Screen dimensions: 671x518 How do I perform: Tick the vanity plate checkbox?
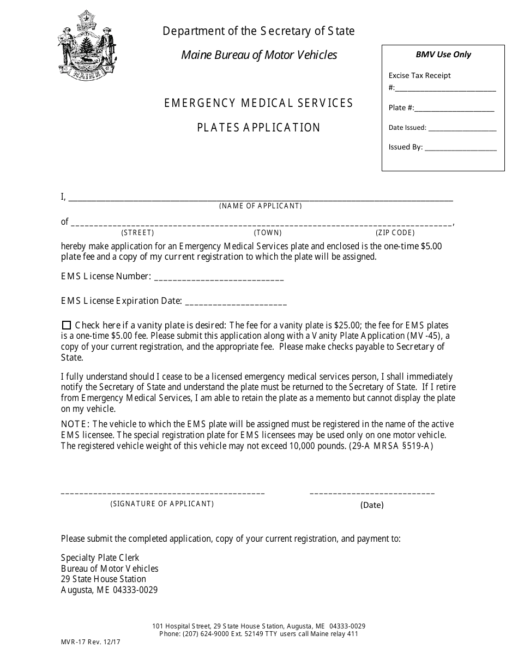click(67, 325)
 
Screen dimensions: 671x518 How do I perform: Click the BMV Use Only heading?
click(443, 55)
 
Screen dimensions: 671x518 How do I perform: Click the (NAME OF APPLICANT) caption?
click(260, 206)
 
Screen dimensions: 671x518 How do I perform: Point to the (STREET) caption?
click(137, 232)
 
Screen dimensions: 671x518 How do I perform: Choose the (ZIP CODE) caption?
click(395, 232)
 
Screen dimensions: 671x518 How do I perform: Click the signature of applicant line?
click(162, 493)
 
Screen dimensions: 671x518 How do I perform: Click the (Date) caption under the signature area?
click(372, 505)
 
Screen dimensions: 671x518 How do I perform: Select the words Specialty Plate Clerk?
click(100, 558)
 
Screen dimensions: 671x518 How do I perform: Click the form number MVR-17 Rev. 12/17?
click(91, 642)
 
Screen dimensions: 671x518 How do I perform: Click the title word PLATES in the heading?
click(218, 128)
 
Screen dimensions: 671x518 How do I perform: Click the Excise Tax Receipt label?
click(419, 76)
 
